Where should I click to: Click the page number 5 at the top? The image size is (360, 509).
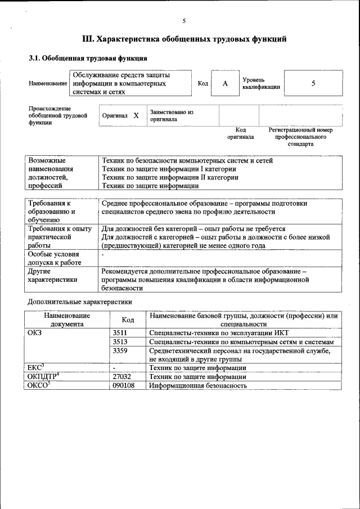[x=184, y=21]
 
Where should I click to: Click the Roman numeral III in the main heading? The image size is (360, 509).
[x=88, y=39]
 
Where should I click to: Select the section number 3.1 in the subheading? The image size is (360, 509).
[x=35, y=58]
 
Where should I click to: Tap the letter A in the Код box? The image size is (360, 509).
[x=225, y=84]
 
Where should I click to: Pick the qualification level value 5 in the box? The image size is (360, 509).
[x=313, y=83]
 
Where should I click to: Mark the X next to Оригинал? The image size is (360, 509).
[x=136, y=115]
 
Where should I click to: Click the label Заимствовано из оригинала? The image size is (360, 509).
[x=172, y=115]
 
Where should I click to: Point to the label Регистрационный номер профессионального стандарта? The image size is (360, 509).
[x=300, y=137]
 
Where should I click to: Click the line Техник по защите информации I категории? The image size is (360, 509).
[x=169, y=169]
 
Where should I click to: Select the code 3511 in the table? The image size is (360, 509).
[x=121, y=333]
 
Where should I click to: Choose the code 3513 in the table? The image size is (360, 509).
[x=121, y=342]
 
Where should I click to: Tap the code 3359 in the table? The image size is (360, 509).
[x=121, y=350]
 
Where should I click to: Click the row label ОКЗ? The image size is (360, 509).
[x=35, y=333]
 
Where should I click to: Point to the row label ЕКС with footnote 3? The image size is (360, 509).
[x=36, y=367]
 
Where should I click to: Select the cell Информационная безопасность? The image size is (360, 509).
[x=198, y=385]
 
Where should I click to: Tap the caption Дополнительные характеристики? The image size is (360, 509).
[x=80, y=301]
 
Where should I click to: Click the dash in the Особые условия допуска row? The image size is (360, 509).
[x=103, y=255]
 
